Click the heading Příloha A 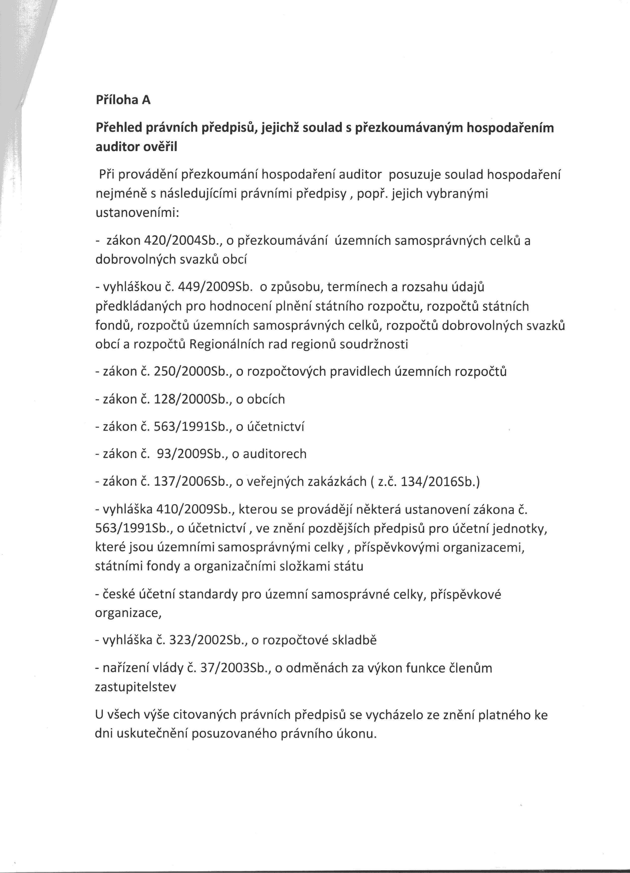pyautogui.click(x=123, y=100)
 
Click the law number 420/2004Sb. pyautogui.click(x=184, y=240)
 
